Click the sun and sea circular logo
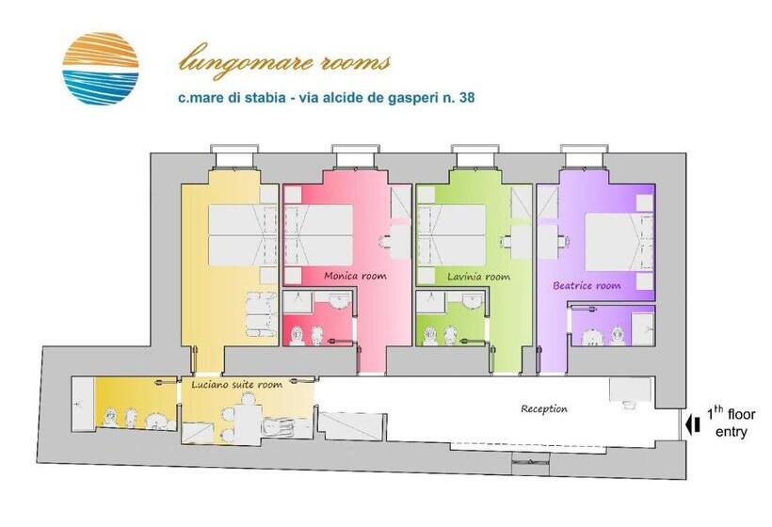[x=101, y=68]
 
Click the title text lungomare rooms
[x=284, y=63]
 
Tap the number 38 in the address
[x=464, y=97]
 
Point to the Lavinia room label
[x=478, y=277]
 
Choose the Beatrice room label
[x=587, y=285]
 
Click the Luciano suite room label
[x=236, y=385]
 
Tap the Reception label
[x=544, y=408]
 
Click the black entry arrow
[x=694, y=423]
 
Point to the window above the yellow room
[x=234, y=153]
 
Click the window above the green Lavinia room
[x=475, y=153]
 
